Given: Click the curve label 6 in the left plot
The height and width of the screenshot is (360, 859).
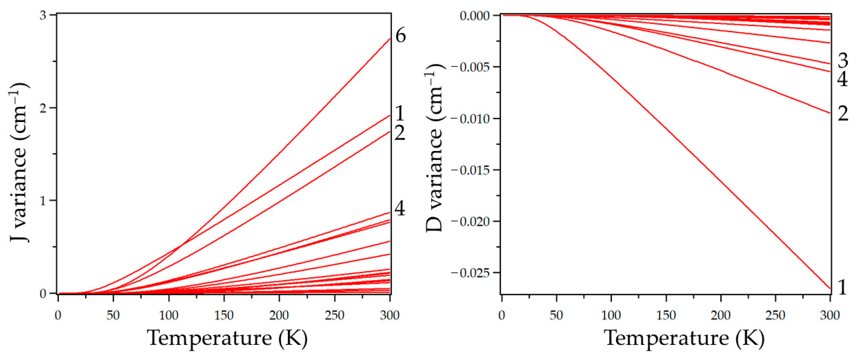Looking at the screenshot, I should (400, 36).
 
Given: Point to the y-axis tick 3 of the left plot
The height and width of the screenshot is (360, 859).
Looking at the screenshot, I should (43, 15).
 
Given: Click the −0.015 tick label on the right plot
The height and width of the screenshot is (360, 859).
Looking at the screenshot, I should (472, 170).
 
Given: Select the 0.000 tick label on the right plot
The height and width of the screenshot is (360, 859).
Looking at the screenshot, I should (475, 15).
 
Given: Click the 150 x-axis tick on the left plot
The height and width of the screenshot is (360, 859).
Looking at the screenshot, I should (224, 315).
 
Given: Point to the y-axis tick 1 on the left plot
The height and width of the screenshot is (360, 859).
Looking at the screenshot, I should (43, 200).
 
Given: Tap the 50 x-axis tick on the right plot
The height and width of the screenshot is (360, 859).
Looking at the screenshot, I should (556, 315).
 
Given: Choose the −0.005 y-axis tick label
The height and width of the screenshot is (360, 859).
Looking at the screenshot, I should (472, 67).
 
